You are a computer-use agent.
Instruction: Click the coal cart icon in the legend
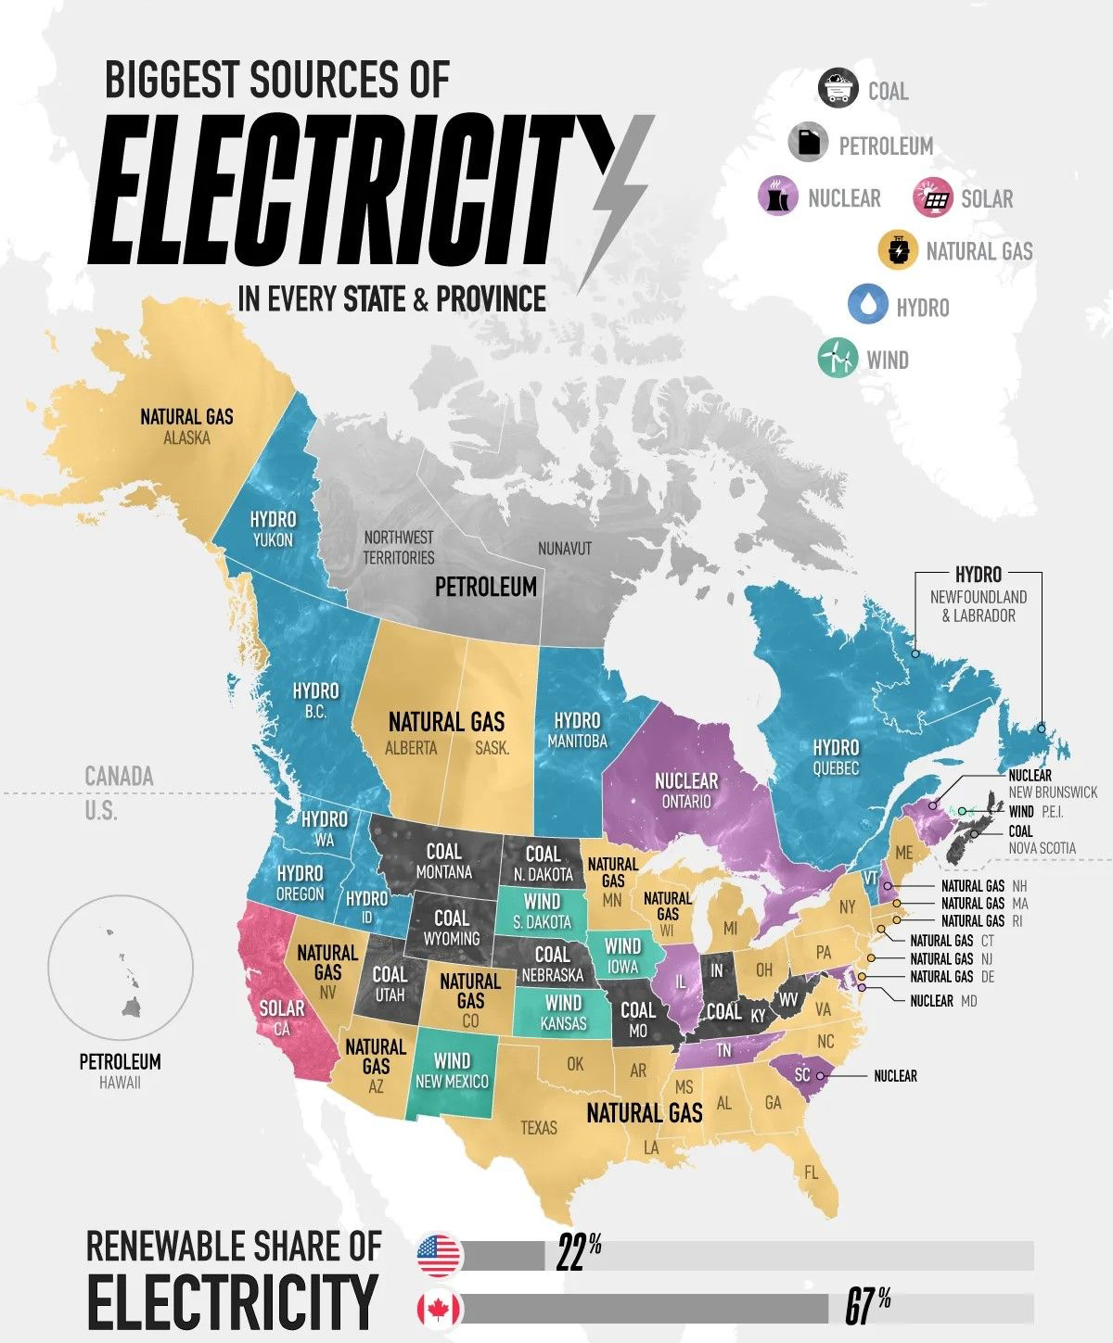pyautogui.click(x=838, y=89)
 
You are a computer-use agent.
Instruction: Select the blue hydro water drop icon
pyautogui.click(x=868, y=305)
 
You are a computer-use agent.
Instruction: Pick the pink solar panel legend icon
pyautogui.click(x=933, y=197)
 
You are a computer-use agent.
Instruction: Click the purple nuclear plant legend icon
pyautogui.click(x=777, y=196)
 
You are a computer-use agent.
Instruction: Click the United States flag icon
pyautogui.click(x=439, y=1256)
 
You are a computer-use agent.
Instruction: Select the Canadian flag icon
pyautogui.click(x=439, y=1309)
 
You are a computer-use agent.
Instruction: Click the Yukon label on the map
pyautogui.click(x=273, y=540)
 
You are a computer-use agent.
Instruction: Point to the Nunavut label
pyautogui.click(x=564, y=549)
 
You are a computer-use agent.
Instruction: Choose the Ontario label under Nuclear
pyautogui.click(x=686, y=802)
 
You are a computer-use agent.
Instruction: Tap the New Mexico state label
pyautogui.click(x=452, y=1081)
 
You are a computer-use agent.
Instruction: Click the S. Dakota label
pyautogui.click(x=542, y=922)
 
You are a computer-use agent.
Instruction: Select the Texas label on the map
pyautogui.click(x=539, y=1128)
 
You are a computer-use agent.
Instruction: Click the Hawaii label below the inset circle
pyautogui.click(x=120, y=1083)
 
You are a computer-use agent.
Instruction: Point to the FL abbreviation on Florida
pyautogui.click(x=812, y=1172)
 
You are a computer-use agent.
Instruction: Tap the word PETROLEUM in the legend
pyautogui.click(x=886, y=146)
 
